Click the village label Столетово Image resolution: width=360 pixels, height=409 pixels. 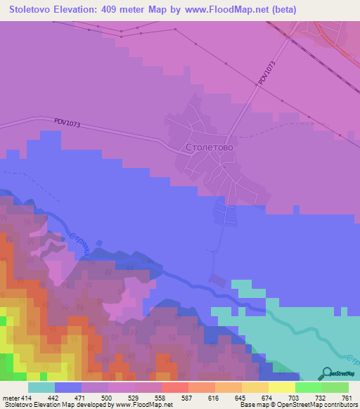[209, 148]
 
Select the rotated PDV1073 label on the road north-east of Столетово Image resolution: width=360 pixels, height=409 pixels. [264, 72]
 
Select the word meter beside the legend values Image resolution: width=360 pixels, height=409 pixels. [10, 398]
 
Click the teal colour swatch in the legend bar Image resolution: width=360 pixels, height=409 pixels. [41, 387]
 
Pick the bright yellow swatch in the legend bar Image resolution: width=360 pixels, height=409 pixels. [281, 387]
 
